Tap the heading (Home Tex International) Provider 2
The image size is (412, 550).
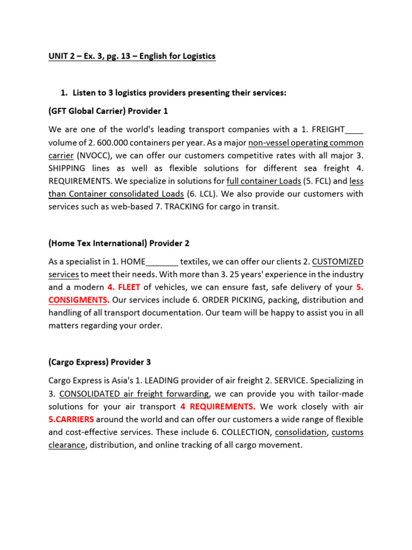(x=119, y=243)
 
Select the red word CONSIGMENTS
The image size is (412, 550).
(x=79, y=300)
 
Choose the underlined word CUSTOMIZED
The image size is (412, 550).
(x=337, y=262)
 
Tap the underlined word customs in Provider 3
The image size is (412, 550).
(x=348, y=432)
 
